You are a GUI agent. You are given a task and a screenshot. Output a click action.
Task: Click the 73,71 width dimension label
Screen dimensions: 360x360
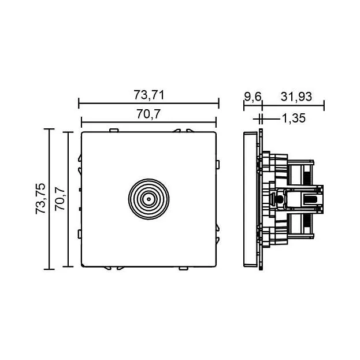point(149,95)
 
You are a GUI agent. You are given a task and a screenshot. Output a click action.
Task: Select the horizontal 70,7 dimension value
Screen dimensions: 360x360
point(149,114)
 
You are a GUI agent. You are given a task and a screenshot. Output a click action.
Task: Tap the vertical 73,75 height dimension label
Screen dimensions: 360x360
point(40,199)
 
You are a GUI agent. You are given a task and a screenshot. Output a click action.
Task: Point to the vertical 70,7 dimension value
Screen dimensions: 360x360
point(60,199)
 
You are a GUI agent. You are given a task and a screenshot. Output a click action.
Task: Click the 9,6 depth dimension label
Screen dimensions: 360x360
point(253,97)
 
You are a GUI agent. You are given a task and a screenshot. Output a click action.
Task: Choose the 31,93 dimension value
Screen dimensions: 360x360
point(296,97)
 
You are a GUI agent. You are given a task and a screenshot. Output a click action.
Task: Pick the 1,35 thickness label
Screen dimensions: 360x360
point(294,118)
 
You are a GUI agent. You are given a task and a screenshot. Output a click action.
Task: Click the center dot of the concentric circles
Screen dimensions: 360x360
point(149,199)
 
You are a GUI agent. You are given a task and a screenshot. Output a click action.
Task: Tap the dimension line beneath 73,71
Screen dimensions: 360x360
point(149,103)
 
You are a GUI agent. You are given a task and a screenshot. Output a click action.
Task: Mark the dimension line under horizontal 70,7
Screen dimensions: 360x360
point(149,122)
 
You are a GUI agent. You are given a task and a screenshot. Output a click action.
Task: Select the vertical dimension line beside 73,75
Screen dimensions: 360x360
point(49,199)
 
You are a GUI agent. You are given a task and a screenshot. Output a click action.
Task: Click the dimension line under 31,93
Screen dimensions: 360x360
point(293,105)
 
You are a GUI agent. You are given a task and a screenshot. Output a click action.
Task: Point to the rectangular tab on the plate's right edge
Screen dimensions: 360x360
point(218,165)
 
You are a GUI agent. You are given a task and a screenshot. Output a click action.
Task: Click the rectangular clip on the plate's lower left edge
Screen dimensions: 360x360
point(80,234)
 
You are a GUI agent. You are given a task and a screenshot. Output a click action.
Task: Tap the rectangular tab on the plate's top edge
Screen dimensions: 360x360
point(114,131)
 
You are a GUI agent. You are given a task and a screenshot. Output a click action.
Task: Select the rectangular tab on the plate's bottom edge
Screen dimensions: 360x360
point(183,268)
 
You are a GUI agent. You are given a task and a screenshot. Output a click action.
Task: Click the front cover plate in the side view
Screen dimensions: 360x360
point(250,199)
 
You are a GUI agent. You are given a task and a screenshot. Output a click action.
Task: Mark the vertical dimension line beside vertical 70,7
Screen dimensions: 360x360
point(68,199)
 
